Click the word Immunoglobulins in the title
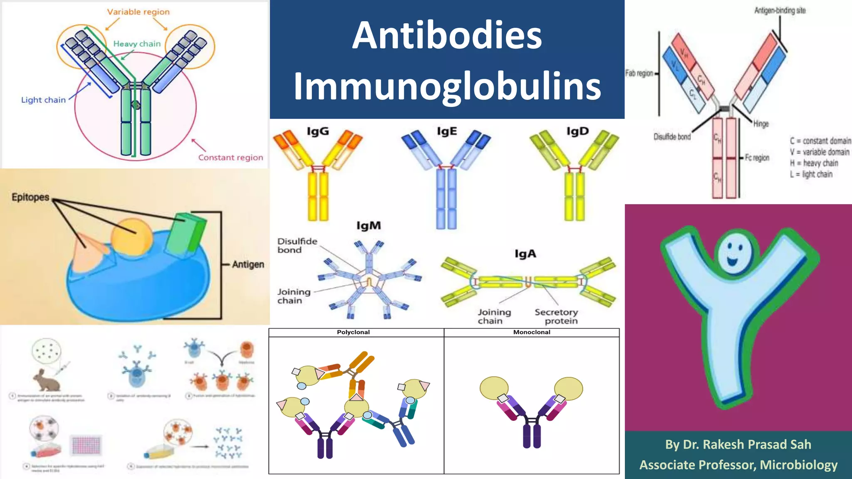[x=447, y=86]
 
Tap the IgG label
[x=318, y=131]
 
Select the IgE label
[x=447, y=131]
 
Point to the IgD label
[x=577, y=131]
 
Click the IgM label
[x=369, y=225]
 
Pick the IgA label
[x=525, y=254]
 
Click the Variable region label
[x=138, y=12]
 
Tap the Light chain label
[x=43, y=100]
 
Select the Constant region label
[x=230, y=158]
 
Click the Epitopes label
[x=30, y=197]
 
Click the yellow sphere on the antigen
[x=131, y=237]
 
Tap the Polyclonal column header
[x=353, y=332]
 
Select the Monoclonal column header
[x=531, y=332]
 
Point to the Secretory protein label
[x=557, y=316]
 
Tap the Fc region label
[x=757, y=158]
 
